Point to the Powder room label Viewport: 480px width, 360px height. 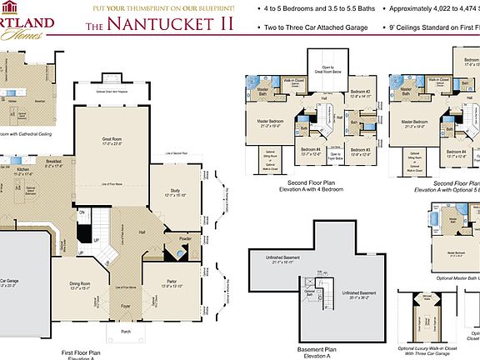point(185,237)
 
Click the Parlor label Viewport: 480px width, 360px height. point(172,282)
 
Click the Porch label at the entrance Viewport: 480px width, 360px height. point(126,332)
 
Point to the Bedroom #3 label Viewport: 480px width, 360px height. point(360,151)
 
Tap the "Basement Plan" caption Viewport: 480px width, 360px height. point(318,349)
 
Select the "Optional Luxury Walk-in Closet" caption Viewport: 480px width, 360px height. point(428,347)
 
